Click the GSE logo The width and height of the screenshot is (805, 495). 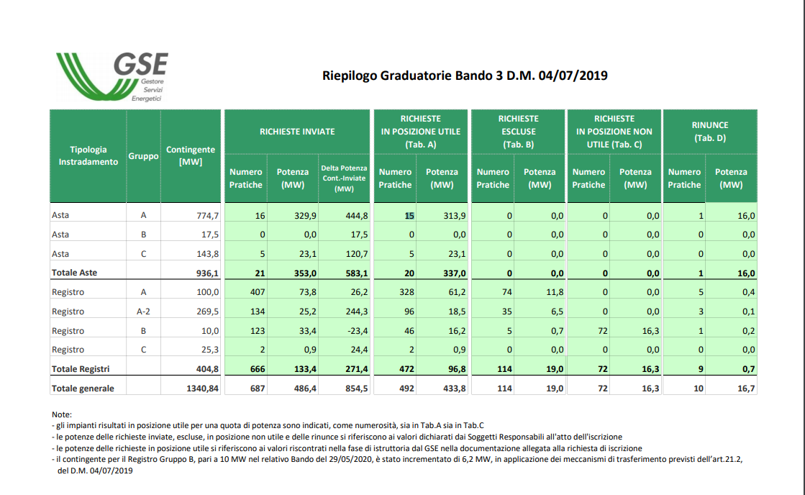[112, 76]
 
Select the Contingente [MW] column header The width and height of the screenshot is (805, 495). [191, 155]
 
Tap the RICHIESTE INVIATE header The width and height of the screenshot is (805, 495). [296, 132]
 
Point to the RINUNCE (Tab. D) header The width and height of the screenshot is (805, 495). [709, 132]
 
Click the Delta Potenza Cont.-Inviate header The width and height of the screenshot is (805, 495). [344, 178]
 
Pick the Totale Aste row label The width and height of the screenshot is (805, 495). [74, 273]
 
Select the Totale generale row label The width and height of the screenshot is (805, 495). [83, 389]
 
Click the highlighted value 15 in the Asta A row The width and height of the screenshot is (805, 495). [409, 216]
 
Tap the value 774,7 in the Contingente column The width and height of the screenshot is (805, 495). [208, 216]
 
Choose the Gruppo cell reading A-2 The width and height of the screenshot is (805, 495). [143, 311]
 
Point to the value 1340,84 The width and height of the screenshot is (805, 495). [202, 389]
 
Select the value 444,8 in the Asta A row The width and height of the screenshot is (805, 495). [357, 216]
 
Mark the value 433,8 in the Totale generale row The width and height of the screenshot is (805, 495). [455, 389]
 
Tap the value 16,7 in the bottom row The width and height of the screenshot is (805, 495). [746, 389]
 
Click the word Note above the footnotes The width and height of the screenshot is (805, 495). [62, 414]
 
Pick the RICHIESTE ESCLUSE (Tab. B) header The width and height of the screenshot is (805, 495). [518, 132]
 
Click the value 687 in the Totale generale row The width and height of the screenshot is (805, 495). [258, 389]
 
